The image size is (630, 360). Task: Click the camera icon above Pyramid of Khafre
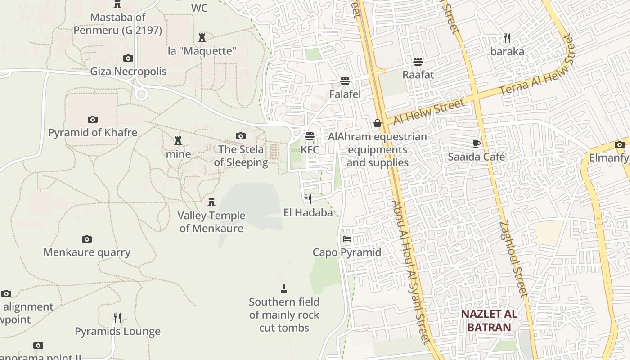click(92, 119)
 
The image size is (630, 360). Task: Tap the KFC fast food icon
click(309, 136)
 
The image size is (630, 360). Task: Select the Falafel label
click(345, 94)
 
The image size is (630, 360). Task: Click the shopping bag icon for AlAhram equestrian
click(377, 123)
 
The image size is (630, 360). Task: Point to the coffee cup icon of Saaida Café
click(476, 144)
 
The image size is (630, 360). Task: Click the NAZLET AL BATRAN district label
click(489, 320)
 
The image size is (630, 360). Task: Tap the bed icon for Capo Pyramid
click(346, 239)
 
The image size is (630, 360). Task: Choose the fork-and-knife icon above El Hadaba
click(308, 199)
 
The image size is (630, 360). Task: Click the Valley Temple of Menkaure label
click(211, 222)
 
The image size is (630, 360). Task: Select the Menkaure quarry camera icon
click(87, 239)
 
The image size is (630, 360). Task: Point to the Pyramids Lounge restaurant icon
click(117, 318)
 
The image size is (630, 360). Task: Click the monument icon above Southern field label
click(283, 288)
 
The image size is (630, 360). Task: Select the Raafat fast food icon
click(418, 62)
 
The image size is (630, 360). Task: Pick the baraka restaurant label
click(507, 52)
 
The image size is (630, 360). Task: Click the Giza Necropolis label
click(128, 72)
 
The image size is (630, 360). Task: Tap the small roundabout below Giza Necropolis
click(141, 94)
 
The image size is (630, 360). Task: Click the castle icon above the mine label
click(178, 141)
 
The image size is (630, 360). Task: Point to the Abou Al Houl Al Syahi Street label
click(412, 272)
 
